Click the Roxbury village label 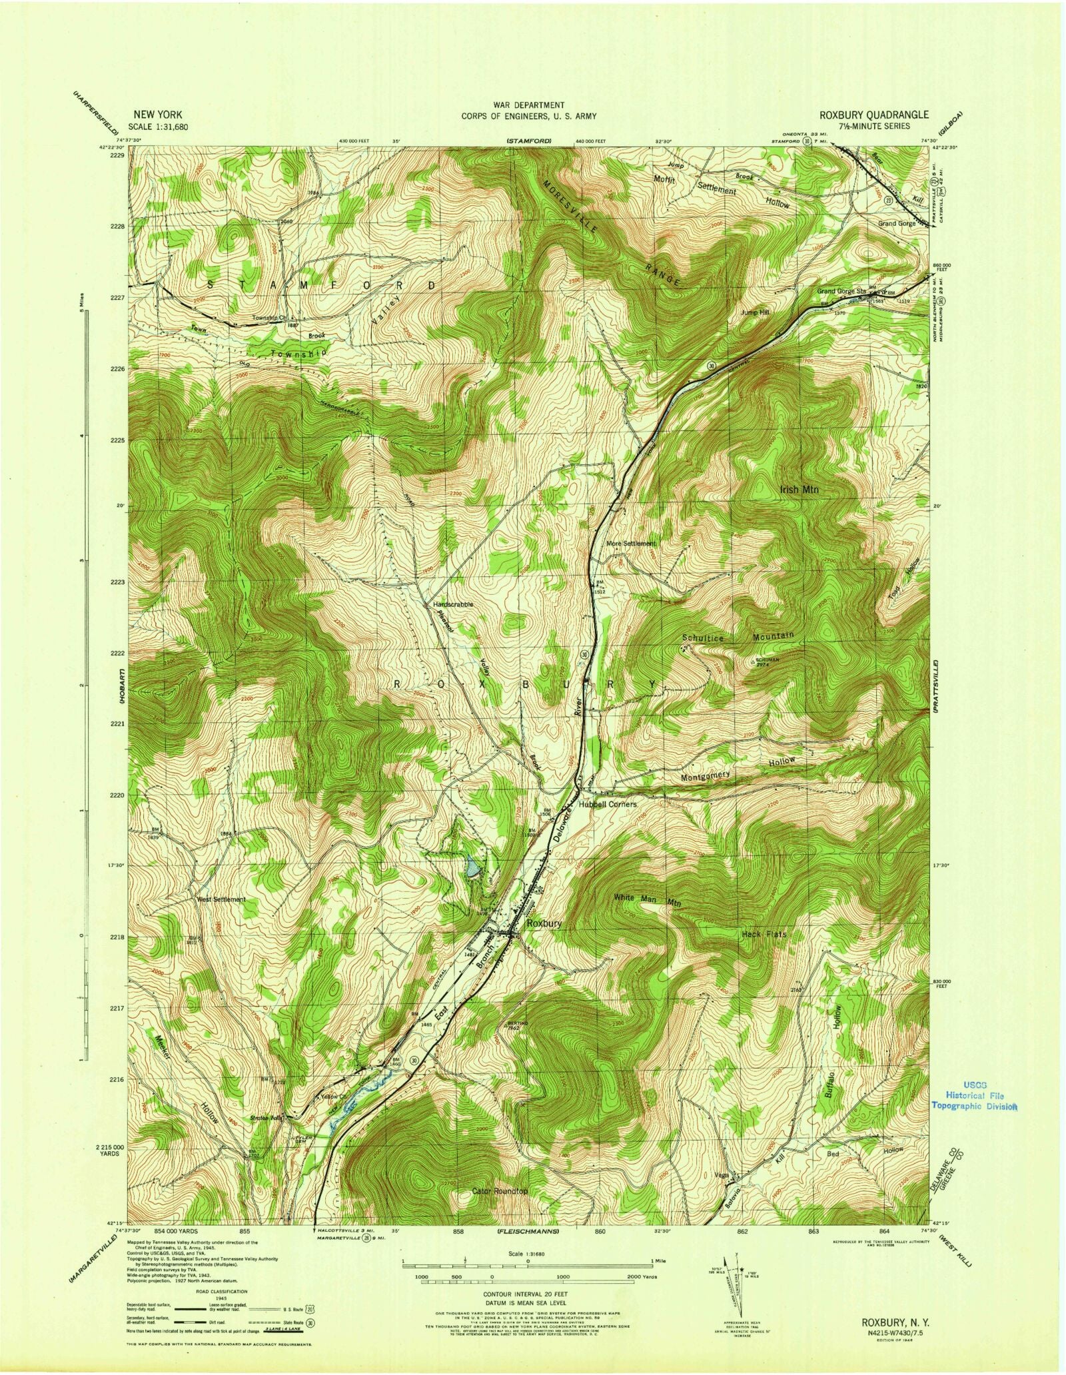(x=544, y=924)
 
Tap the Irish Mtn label (x=799, y=489)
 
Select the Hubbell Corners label (x=607, y=804)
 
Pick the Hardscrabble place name (x=453, y=604)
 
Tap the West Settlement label (x=221, y=899)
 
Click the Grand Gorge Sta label (x=841, y=291)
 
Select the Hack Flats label (x=764, y=935)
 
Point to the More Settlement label (x=631, y=544)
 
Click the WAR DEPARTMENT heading (x=529, y=105)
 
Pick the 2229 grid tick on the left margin (x=117, y=155)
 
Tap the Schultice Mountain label (x=738, y=637)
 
